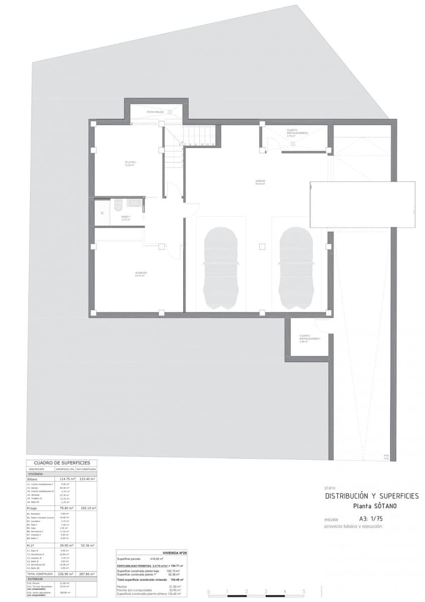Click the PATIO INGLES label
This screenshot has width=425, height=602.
[x=156, y=112]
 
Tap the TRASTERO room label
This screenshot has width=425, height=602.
[x=130, y=163]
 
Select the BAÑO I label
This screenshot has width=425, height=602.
[x=125, y=218]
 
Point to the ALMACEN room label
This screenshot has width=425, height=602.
[x=140, y=274]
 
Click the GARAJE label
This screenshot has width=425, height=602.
[x=260, y=182]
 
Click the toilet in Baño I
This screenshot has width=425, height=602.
[x=118, y=205]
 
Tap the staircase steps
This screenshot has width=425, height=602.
[x=199, y=135]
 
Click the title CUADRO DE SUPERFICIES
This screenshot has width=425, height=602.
[x=62, y=463]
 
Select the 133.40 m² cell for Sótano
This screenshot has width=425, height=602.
[x=86, y=479]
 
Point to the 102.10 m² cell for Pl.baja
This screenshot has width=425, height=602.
[x=86, y=508]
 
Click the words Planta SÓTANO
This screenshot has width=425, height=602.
[x=375, y=506]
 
